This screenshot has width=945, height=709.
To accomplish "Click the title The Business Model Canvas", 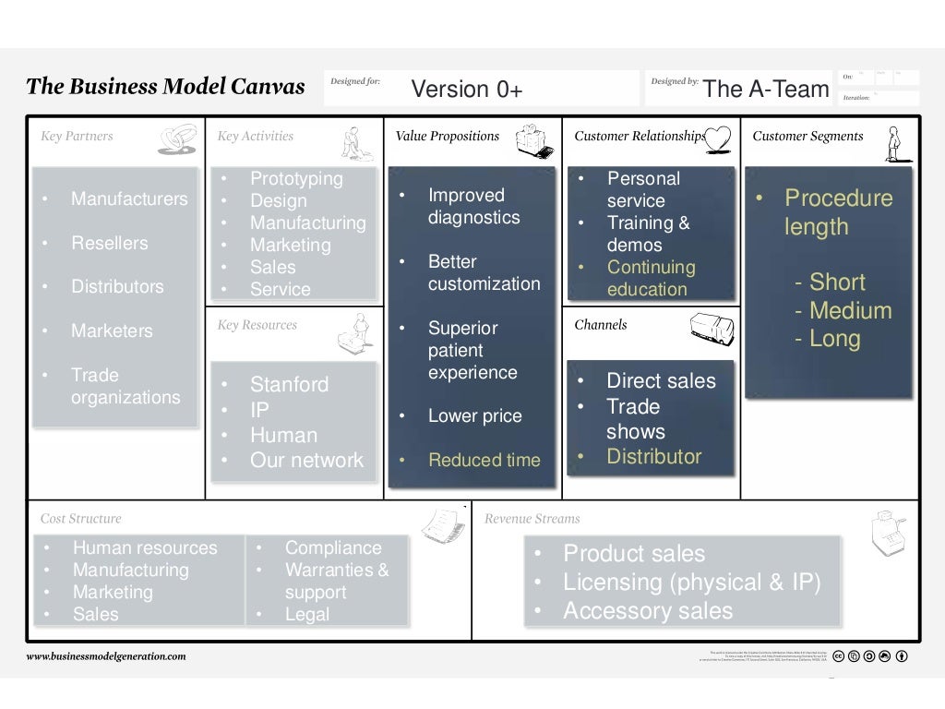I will pos(165,87).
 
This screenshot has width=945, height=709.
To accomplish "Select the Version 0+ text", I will pos(466,90).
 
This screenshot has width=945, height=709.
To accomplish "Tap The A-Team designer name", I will pos(765,89).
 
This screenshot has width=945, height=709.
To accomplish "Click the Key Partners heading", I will pos(77,137).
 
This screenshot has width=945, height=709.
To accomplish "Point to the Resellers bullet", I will pos(109,244).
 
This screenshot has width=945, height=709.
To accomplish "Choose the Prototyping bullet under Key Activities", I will pos(295,179).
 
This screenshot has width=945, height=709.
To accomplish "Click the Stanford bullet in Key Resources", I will pos(289,385).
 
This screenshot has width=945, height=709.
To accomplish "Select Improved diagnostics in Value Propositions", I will pos(473,207).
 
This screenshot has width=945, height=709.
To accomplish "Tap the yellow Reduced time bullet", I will pos(484,461).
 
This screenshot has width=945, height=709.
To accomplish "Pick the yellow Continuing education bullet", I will pos(651,279).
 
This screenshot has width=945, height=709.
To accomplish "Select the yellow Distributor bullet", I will pos(653,457).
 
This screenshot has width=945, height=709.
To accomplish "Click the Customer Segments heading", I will pos(807,137).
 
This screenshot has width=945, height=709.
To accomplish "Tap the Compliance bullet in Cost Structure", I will pos(332,548).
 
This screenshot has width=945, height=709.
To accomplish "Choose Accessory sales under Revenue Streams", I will pos(647,611).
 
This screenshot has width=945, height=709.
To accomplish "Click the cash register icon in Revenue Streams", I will pos(888,534).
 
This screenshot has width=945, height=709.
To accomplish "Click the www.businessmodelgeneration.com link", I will pos(106,656).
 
